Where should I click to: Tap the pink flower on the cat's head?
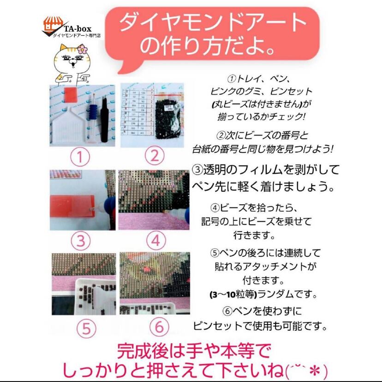(x=82, y=49)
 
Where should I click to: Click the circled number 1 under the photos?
(x=81, y=157)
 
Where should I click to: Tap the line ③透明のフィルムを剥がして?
(x=266, y=170)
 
